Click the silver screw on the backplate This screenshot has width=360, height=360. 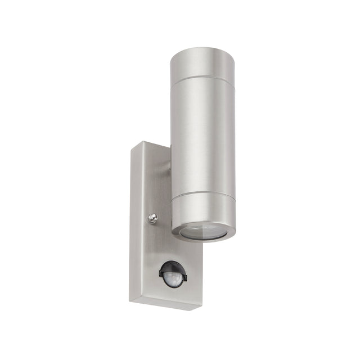[153, 218]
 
